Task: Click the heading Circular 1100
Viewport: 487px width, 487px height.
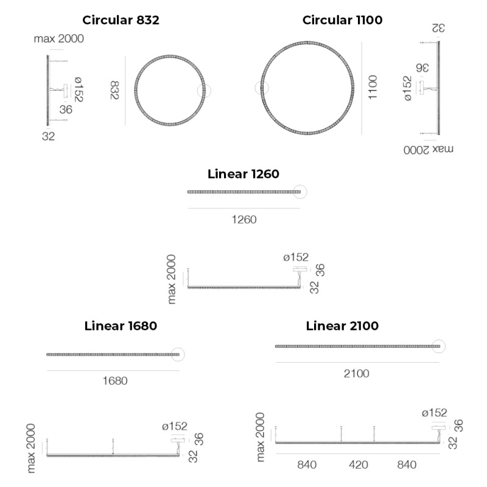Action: [342, 20]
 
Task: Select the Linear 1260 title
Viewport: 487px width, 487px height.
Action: [243, 174]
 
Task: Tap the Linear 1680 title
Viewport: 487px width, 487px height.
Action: [121, 326]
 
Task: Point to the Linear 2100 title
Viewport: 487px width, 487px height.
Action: [342, 326]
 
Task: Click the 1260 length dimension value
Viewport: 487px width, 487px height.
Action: [243, 220]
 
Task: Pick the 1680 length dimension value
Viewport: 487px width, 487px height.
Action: [114, 381]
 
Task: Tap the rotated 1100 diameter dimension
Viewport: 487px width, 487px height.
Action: [373, 88]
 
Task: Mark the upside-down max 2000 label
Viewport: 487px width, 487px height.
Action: [430, 149]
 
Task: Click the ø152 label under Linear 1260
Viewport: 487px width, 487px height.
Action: [296, 258]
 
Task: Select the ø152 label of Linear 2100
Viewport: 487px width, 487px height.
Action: [434, 413]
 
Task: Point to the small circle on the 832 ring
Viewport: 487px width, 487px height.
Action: [204, 91]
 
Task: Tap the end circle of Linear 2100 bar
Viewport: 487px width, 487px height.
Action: [438, 346]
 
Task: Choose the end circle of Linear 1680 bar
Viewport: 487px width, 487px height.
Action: [178, 354]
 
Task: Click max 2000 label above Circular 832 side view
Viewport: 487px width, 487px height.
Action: [59, 39]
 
